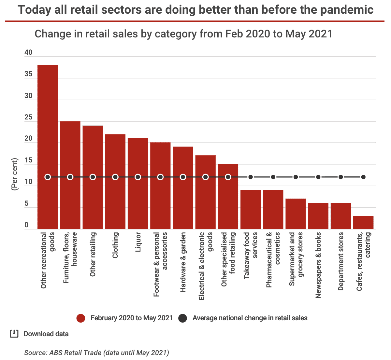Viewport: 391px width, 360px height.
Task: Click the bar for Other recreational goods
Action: (48, 146)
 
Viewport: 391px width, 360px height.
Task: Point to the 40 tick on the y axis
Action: (29, 53)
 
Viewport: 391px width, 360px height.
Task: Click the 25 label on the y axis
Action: (29, 118)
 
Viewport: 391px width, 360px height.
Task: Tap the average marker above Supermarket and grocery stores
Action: (296, 177)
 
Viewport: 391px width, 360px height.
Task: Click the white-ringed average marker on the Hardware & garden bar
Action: (183, 177)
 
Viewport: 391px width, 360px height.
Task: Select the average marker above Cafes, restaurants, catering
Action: (363, 177)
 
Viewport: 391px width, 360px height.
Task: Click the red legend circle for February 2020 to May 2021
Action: (81, 318)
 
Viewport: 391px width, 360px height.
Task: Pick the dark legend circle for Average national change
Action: (183, 318)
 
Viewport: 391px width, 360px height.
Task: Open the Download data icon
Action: (14, 334)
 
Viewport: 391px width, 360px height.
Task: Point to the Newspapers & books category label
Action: (318, 265)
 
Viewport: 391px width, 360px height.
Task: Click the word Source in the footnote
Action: (35, 353)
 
